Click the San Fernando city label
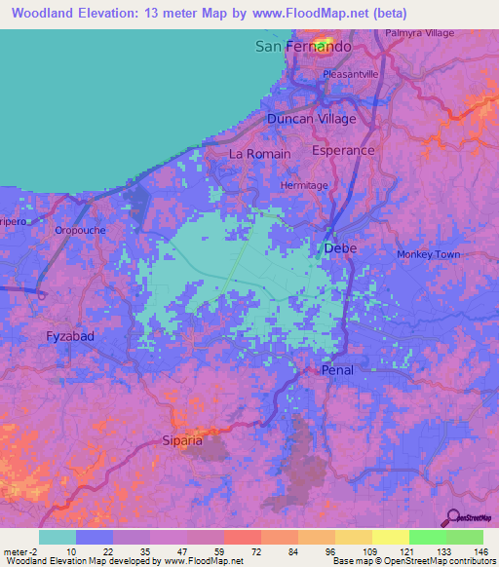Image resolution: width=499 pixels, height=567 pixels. point(302,47)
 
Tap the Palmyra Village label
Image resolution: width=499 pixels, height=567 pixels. point(422,33)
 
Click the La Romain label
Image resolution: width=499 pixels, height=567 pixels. point(259,154)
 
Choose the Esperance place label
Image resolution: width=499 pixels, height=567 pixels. point(343,151)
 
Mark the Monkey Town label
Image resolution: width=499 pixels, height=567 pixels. point(428,254)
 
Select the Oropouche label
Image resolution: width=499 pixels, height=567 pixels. point(80,231)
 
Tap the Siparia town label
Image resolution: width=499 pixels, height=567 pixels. point(182,440)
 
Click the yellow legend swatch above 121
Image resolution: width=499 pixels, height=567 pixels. point(390,537)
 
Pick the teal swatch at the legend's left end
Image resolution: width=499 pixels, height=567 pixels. point(57,537)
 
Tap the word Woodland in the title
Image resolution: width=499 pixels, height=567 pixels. point(46,13)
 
